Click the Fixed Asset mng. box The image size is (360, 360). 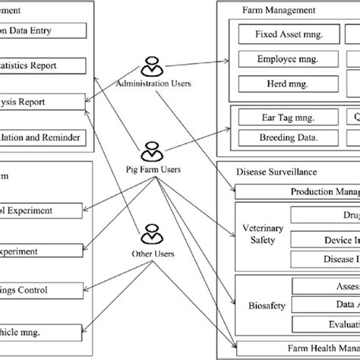point(279,34)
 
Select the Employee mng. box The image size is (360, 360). point(279,57)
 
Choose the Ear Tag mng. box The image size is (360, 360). point(279,117)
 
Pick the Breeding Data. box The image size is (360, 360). point(279,137)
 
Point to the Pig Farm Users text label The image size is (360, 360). point(151,169)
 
